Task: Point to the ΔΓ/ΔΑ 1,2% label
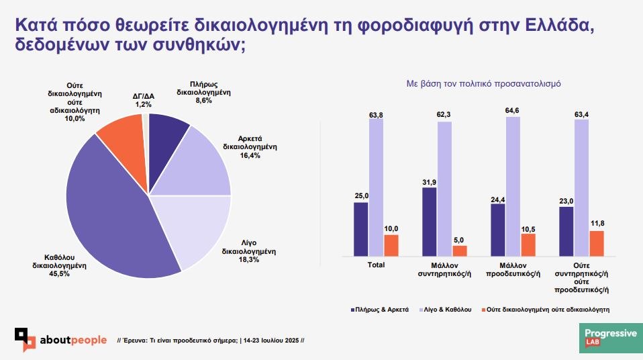(x=144, y=100)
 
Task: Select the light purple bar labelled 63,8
(x=376, y=177)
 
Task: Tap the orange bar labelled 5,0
(x=460, y=250)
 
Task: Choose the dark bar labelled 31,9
(x=430, y=221)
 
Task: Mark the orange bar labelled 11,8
(x=597, y=242)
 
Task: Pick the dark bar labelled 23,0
(x=566, y=231)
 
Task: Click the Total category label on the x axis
(x=376, y=265)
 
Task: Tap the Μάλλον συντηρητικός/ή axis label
(x=444, y=269)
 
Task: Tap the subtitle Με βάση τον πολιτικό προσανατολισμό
(x=483, y=85)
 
